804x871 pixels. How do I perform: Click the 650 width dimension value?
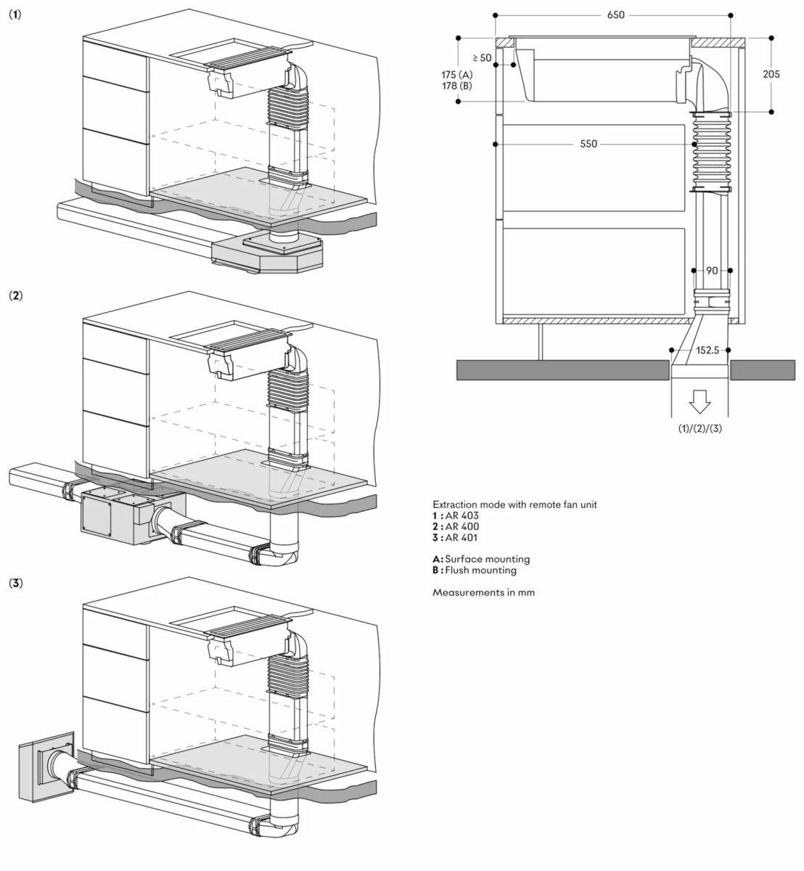(x=616, y=15)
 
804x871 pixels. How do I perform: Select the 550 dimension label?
(x=588, y=144)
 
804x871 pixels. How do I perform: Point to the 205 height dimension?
(x=771, y=74)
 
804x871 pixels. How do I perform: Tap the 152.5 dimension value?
(x=707, y=350)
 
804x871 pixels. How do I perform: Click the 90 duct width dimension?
(x=712, y=270)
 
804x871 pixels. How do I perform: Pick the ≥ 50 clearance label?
(x=481, y=57)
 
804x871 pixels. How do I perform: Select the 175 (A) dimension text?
(x=456, y=75)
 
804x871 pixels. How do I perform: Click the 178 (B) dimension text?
(x=456, y=86)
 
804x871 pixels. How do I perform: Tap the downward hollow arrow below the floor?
(x=700, y=400)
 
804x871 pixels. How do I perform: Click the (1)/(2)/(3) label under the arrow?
(x=700, y=428)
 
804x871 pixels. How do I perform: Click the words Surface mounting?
(x=488, y=559)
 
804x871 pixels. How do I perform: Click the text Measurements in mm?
(x=483, y=592)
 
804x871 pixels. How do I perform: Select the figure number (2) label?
(x=15, y=295)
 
